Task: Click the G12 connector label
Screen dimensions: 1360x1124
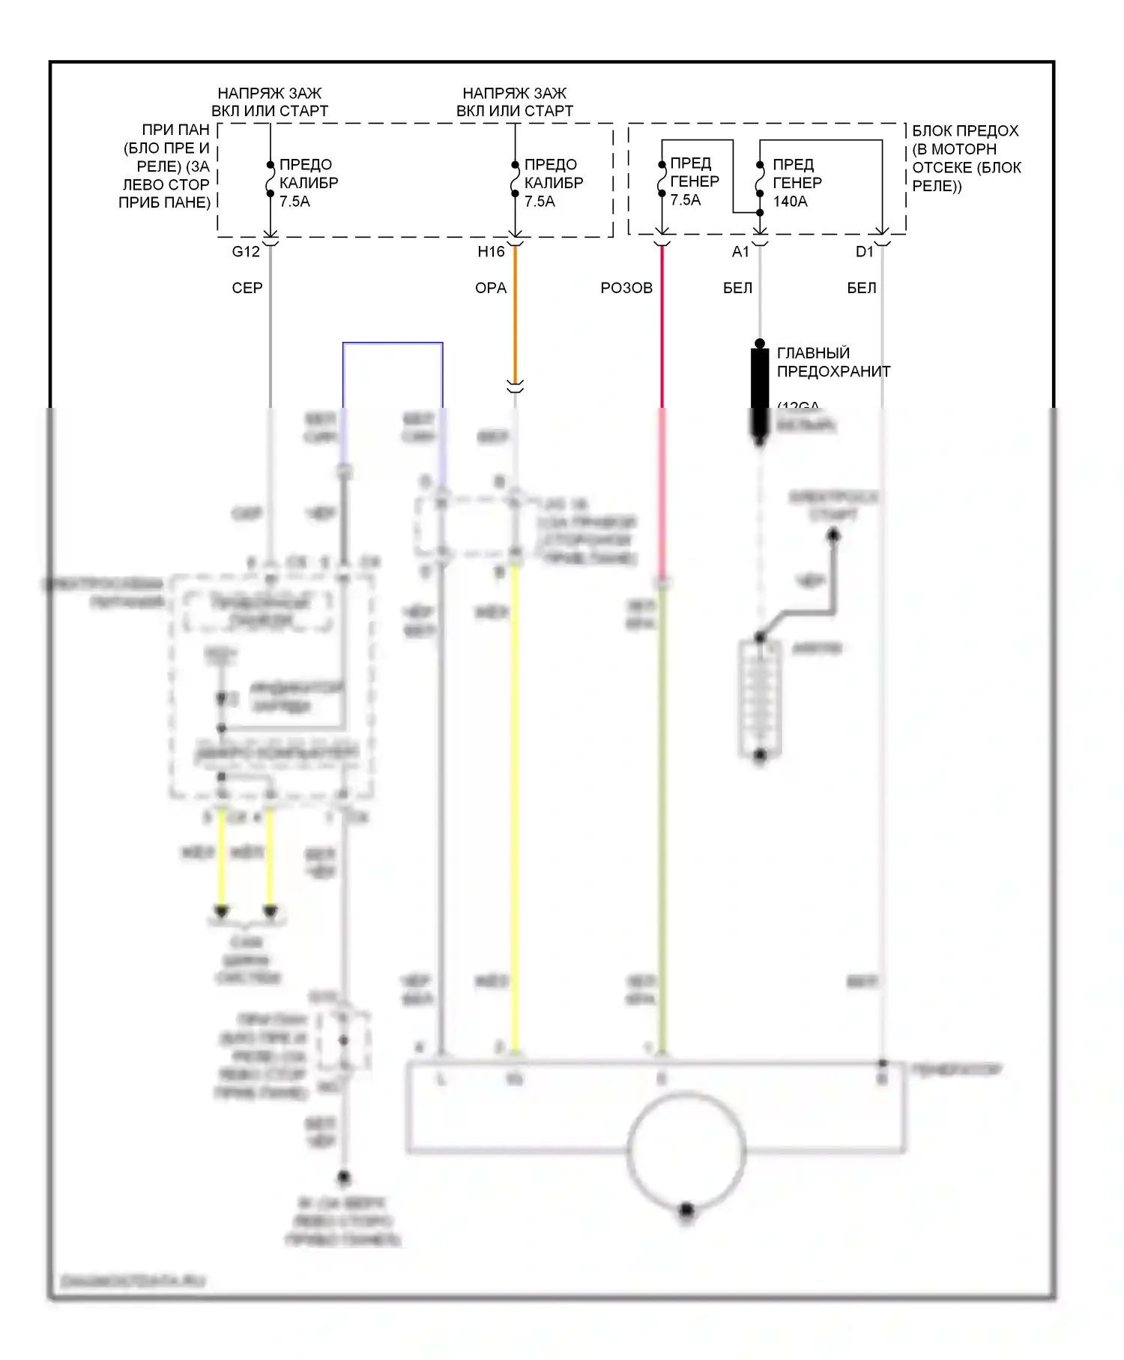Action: [246, 252]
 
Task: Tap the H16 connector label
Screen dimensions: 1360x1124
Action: [491, 252]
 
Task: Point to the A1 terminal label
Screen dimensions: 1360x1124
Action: [740, 252]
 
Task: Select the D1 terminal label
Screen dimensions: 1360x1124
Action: [865, 252]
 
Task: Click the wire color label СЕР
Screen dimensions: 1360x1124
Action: [247, 288]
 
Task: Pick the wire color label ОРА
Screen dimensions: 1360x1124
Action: [491, 288]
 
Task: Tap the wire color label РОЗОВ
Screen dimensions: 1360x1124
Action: [626, 288]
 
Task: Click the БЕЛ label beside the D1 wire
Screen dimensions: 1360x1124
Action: [862, 288]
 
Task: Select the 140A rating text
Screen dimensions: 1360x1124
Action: [790, 202]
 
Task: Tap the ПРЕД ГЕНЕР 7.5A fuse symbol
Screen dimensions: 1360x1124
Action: [662, 179]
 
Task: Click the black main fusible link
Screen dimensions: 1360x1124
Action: [760, 390]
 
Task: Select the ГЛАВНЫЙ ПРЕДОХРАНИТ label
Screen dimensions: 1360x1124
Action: [833, 362]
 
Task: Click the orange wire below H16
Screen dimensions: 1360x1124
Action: [516, 315]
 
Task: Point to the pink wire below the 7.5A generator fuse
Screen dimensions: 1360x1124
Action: [662, 330]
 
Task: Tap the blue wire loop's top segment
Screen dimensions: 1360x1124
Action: [393, 343]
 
